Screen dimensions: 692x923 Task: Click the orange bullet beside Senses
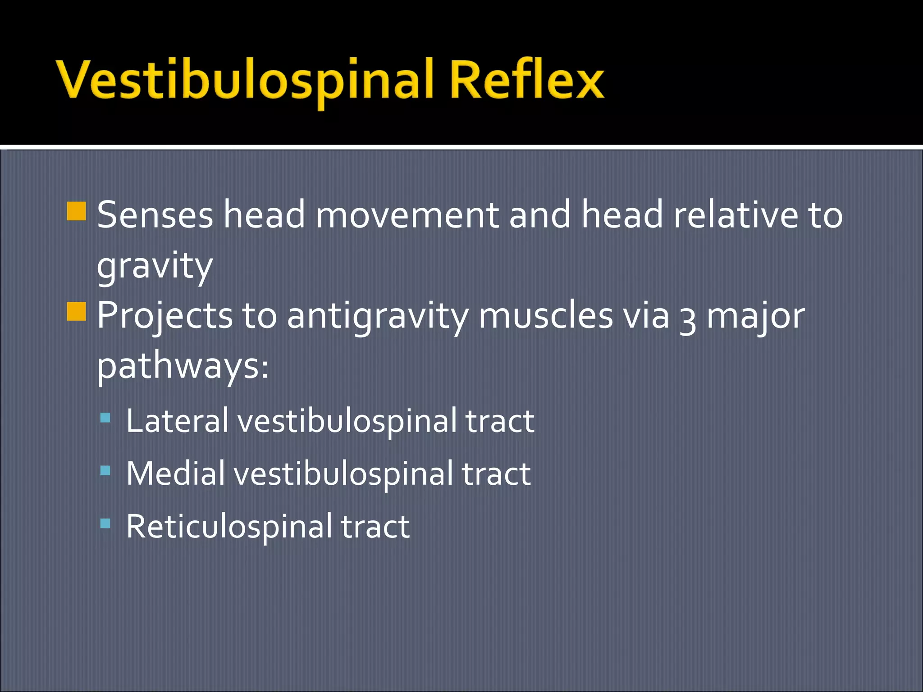[76, 211]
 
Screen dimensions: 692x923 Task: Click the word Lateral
[177, 421]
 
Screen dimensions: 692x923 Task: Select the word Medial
[175, 473]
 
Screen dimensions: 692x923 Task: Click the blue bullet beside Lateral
[105, 418]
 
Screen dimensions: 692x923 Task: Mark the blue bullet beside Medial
[105, 471]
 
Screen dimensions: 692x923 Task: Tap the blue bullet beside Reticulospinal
[105, 523]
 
